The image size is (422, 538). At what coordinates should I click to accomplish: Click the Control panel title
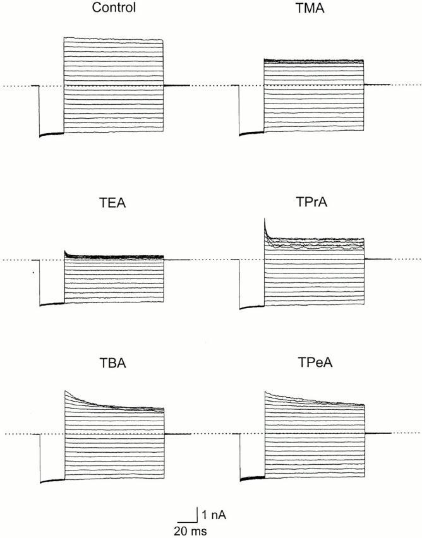[x=113, y=9]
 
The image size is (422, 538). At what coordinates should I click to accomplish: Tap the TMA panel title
[x=314, y=9]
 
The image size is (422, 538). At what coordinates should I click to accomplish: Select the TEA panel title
[x=113, y=204]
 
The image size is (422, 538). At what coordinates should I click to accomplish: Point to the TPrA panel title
[x=314, y=204]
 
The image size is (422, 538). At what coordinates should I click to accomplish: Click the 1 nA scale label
[x=215, y=515]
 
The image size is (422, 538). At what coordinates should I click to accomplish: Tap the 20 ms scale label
[x=190, y=531]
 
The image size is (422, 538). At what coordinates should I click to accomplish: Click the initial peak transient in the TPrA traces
[x=265, y=225]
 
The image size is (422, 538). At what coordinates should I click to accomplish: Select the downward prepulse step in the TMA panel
[x=239, y=111]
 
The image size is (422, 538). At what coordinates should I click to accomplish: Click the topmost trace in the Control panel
[x=114, y=39]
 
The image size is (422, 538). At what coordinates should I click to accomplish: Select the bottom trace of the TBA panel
[x=114, y=479]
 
